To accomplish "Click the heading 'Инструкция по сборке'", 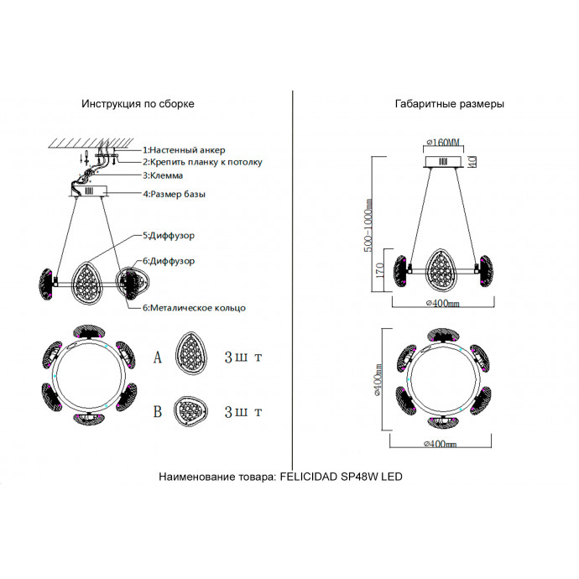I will [138, 105].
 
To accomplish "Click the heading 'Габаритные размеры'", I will [449, 105].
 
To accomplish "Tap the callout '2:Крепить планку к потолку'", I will [202, 161].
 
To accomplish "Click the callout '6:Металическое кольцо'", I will [194, 308].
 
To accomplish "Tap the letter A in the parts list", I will [157, 357].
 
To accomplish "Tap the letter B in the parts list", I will [157, 412].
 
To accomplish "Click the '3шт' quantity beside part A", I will [243, 357].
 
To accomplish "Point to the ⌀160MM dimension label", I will [444, 142].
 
